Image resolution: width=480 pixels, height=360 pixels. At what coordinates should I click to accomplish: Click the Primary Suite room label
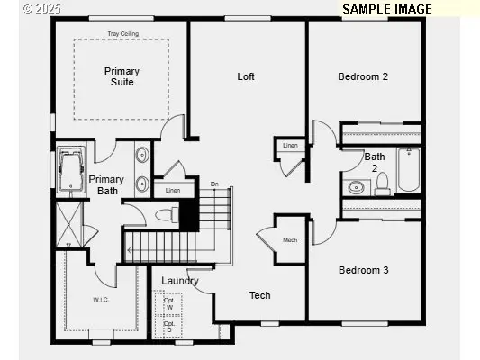point(122,76)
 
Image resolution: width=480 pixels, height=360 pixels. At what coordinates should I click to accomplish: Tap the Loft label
point(246,76)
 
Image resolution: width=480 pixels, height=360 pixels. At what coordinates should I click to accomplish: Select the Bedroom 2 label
point(363,76)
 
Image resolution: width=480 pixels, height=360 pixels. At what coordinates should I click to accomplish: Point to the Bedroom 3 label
point(363,270)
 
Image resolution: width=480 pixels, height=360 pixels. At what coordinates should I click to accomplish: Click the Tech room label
point(259,295)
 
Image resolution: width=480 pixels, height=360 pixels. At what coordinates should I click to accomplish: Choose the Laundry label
point(180,281)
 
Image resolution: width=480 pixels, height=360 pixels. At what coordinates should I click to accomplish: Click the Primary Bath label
point(106,184)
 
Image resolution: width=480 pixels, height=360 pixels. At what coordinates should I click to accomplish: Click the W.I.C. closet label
point(100,299)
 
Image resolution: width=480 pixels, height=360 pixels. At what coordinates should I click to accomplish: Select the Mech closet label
point(290,240)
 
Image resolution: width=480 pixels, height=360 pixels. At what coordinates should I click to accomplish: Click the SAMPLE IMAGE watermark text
point(387,9)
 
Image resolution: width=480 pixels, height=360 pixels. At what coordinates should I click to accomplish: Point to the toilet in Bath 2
point(382,184)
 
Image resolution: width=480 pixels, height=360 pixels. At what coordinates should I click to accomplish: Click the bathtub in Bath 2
point(409,171)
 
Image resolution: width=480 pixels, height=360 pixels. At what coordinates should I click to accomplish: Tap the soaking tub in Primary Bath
point(69,169)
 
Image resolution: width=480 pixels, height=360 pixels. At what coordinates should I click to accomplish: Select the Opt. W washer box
point(168,303)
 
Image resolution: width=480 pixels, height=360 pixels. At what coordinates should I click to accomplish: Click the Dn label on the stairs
point(214,184)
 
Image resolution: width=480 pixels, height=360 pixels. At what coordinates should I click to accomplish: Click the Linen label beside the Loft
point(290,145)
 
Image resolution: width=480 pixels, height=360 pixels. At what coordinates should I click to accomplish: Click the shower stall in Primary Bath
point(68,225)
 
